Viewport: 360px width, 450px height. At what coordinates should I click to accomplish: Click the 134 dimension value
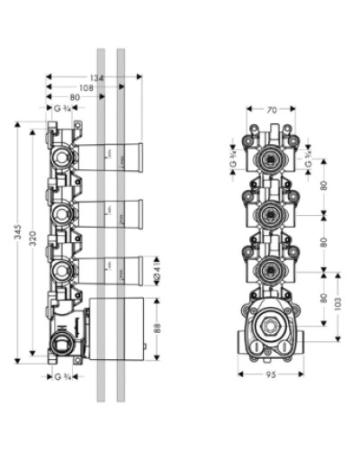pos(97,78)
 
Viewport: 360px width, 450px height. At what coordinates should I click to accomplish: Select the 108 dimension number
pos(85,88)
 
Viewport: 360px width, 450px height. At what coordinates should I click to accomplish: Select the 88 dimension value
pos(157,328)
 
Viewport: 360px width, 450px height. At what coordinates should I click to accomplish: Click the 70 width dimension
pos(272,112)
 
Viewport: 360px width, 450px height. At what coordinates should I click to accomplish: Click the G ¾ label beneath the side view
pos(63,375)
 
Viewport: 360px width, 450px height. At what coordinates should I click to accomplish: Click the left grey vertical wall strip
pos(102,225)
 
